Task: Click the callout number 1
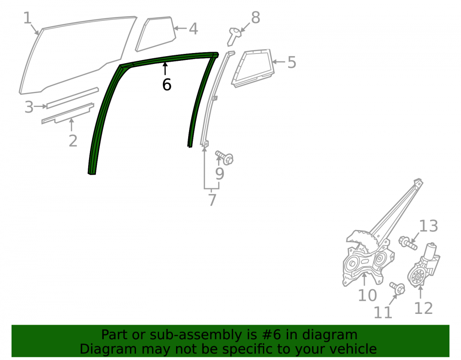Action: coord(27,18)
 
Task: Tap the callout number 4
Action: coord(193,29)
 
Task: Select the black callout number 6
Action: coord(167,85)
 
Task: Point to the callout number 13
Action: coord(428,226)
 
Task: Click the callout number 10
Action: coord(367,295)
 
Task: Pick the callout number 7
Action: coord(212,200)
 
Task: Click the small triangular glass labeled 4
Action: coord(156,34)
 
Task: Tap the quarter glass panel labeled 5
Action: coord(253,68)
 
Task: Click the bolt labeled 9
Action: coord(225,157)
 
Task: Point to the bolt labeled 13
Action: coord(408,243)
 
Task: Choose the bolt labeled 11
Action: coord(397,288)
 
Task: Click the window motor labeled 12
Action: coord(423,266)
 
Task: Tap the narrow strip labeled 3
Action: coord(73,98)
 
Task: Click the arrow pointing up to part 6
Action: coord(165,69)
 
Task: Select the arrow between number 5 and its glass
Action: coord(279,62)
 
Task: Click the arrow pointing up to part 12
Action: coord(420,292)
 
